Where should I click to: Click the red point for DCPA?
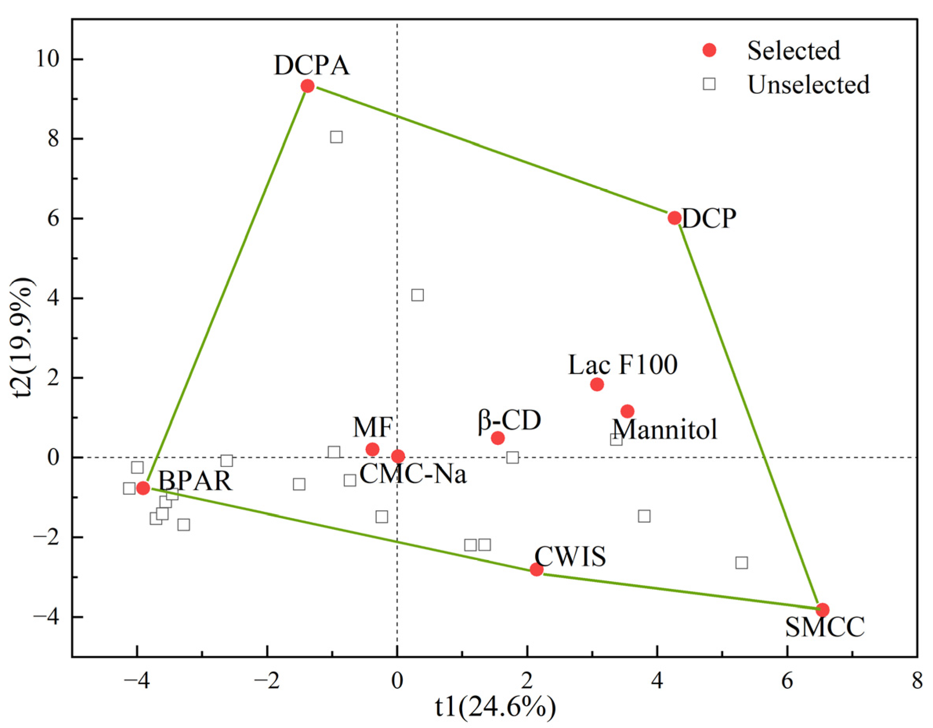(307, 86)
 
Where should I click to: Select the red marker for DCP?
(674, 218)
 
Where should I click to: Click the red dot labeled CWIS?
(537, 569)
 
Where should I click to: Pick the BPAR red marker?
(143, 488)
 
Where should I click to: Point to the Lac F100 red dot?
(597, 385)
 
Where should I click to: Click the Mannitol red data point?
(627, 412)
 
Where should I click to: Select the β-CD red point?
(498, 438)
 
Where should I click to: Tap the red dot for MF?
(372, 450)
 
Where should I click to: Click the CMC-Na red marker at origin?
(398, 456)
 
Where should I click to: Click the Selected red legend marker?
(709, 51)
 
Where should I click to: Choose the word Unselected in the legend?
(808, 85)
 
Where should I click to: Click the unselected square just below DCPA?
(336, 137)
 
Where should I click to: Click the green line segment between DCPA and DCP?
(491, 151)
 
